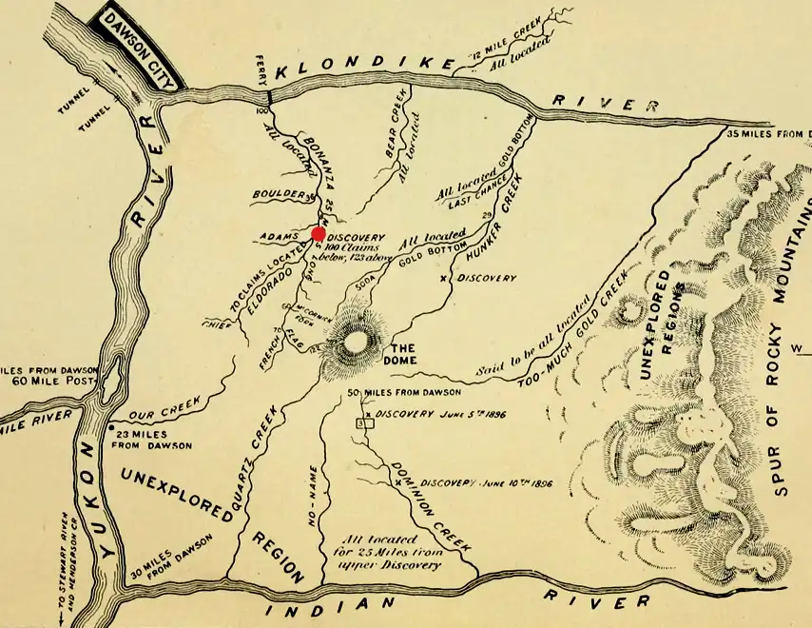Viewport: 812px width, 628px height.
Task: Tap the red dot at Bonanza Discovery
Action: (319, 234)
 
